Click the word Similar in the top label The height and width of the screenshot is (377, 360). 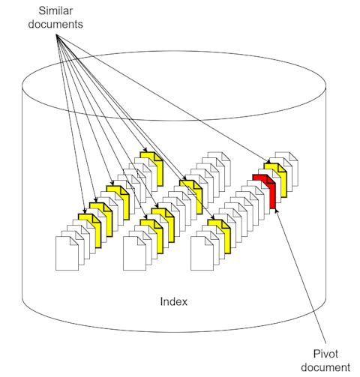tap(55, 10)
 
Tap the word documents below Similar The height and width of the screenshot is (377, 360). tap(55, 25)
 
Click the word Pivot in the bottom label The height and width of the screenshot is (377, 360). tap(325, 354)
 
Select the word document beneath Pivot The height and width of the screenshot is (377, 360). tap(325, 367)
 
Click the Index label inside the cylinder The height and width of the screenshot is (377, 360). tap(174, 301)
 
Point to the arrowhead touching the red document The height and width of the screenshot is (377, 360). tap(276, 211)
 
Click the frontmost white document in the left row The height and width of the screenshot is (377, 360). tap(67, 253)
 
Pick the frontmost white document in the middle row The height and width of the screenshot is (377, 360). tap(134, 253)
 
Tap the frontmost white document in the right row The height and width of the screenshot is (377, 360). tap(202, 253)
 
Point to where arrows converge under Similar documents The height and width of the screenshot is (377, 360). tap(57, 36)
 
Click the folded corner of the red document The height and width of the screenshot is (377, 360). tap(271, 179)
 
